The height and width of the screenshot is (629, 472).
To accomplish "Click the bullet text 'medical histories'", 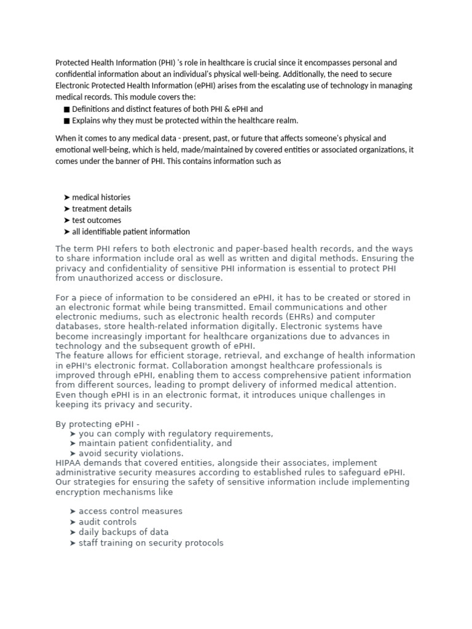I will [101, 198].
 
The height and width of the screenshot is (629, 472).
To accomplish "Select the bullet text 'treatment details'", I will [101, 209].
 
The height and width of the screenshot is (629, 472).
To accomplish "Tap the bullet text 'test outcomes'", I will [96, 221].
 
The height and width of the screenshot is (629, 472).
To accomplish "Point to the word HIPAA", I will [69, 463].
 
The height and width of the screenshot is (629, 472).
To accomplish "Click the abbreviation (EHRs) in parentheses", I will [266, 317].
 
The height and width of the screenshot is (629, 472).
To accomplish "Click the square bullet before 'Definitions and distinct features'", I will [66, 109].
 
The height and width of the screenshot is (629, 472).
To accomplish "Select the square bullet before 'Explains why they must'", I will [66, 121].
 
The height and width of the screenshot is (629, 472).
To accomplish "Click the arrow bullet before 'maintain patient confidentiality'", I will [73, 443].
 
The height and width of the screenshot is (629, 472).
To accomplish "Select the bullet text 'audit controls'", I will [108, 522].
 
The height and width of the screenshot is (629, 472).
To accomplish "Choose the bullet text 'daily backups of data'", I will [124, 533].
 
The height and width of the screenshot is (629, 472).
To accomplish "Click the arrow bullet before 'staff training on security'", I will [73, 543].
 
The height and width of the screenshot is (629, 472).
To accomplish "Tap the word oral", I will [179, 259].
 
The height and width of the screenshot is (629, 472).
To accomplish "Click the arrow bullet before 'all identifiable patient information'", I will [66, 232].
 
